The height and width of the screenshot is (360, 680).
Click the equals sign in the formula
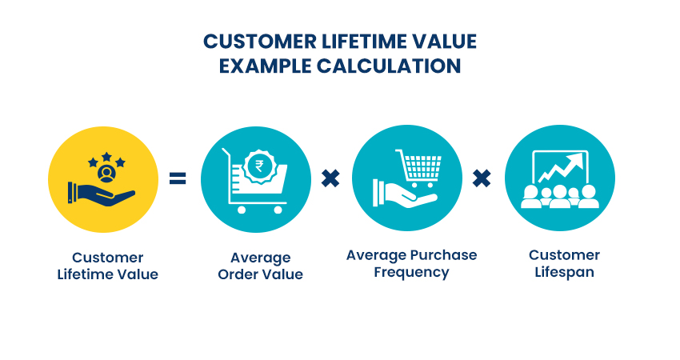click(178, 178)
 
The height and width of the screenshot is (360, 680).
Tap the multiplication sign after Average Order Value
click(330, 178)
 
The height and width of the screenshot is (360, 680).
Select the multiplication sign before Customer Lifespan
click(482, 178)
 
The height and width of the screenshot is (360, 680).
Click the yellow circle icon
click(103, 179)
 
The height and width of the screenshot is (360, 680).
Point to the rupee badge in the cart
click(259, 166)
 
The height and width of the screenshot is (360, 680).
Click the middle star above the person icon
click(106, 157)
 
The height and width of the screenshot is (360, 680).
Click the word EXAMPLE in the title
click(265, 66)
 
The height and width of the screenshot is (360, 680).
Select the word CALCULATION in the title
click(389, 66)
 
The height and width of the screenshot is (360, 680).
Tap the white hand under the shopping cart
click(404, 194)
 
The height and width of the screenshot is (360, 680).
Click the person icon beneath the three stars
click(106, 174)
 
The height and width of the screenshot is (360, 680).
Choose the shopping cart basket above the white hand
click(419, 167)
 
